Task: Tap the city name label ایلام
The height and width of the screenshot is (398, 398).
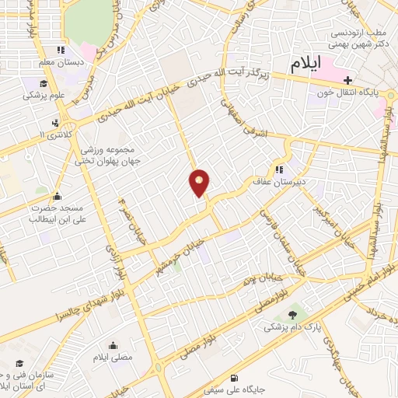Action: tap(304, 66)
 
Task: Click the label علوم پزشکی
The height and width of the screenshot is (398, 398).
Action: tap(43, 96)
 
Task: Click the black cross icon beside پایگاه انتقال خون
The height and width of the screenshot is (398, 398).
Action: tap(347, 80)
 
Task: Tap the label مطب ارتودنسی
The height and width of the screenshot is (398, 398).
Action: tap(360, 34)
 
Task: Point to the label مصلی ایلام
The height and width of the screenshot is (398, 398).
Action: tap(113, 358)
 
